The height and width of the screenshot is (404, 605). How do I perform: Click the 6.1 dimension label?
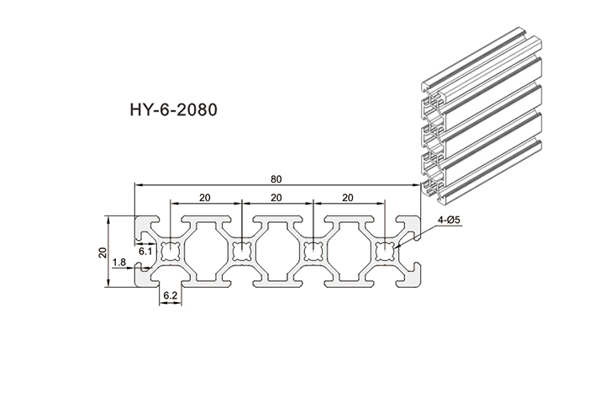(145, 250)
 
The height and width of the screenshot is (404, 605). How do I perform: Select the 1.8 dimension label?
(118, 263)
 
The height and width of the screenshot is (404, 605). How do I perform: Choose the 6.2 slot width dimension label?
(169, 295)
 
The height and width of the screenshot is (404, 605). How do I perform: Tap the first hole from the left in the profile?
(171, 250)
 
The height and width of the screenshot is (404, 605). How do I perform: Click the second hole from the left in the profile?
(242, 250)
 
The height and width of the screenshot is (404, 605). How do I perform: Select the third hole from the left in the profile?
(313, 250)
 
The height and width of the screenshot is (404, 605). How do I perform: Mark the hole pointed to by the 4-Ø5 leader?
(385, 250)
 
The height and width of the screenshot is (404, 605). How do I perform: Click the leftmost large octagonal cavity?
(206, 250)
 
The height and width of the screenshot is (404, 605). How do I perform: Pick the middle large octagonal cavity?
(277, 250)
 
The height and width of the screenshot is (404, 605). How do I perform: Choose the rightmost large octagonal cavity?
(349, 250)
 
